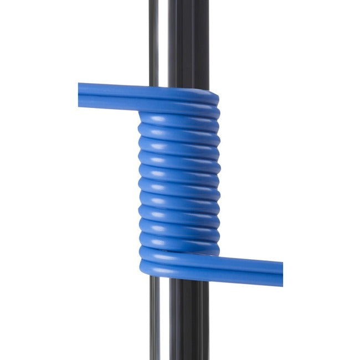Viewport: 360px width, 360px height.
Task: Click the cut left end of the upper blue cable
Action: (x=79, y=95)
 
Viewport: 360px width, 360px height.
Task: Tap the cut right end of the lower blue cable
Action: (x=281, y=272)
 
